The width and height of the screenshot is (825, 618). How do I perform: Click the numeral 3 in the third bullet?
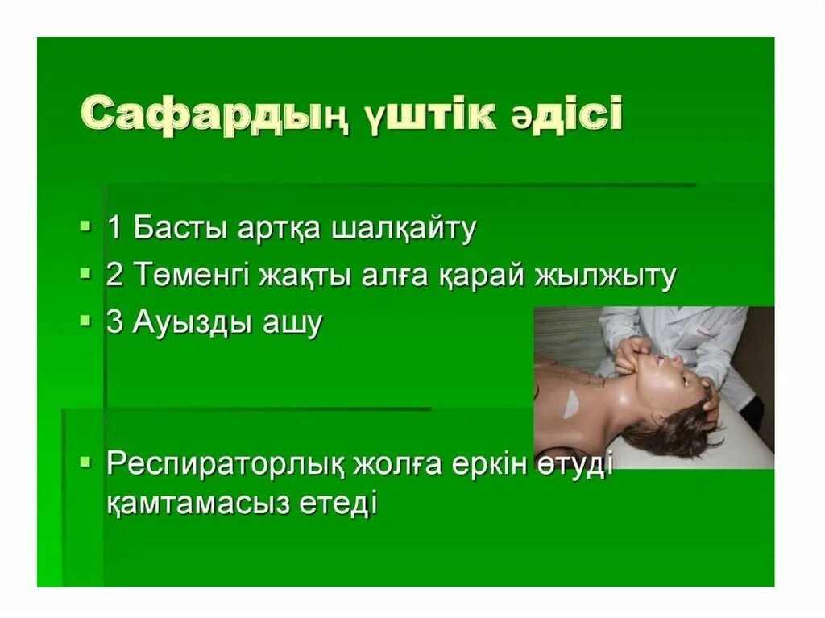click(x=114, y=322)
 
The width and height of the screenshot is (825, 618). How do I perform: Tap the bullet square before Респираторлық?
click(x=87, y=462)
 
